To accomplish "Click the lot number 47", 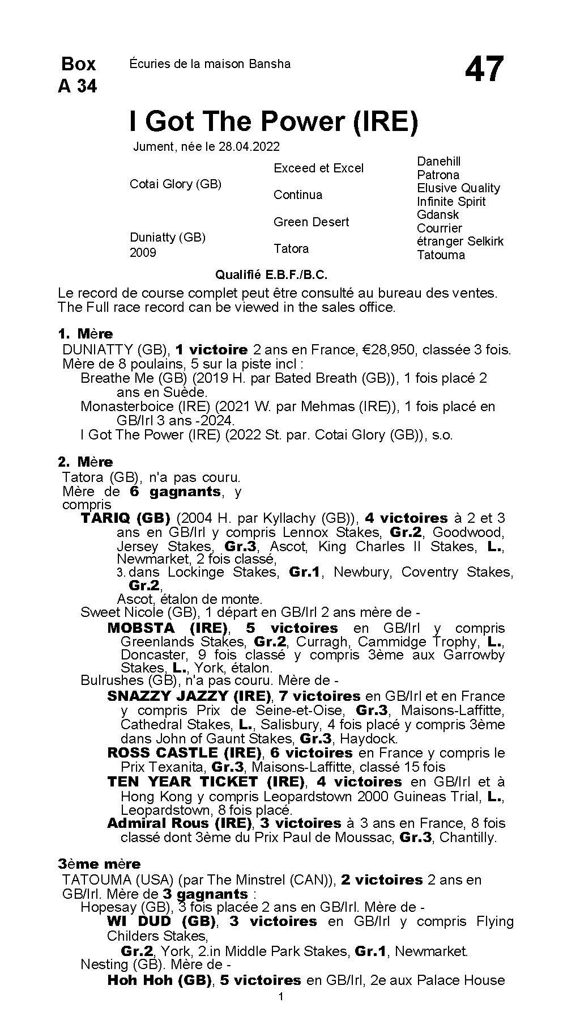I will click(484, 70).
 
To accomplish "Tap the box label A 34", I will click(77, 86).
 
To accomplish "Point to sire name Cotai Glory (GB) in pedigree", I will click(176, 184).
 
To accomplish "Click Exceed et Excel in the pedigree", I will click(318, 168).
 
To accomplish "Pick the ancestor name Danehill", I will click(438, 162).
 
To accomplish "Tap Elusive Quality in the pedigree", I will click(458, 188).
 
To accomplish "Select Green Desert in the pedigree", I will click(311, 222).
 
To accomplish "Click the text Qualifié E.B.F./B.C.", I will click(271, 275).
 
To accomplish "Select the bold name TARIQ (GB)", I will click(125, 518).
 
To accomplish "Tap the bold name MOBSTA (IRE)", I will click(167, 628).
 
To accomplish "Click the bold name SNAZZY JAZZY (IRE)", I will click(189, 696).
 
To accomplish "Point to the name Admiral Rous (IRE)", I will click(179, 823).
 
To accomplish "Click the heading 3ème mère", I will click(99, 864).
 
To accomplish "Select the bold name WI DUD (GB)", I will click(161, 922).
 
